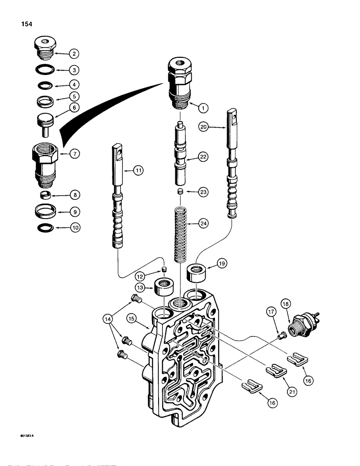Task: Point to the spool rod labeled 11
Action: (x=118, y=199)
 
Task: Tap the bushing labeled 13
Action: (x=166, y=286)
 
